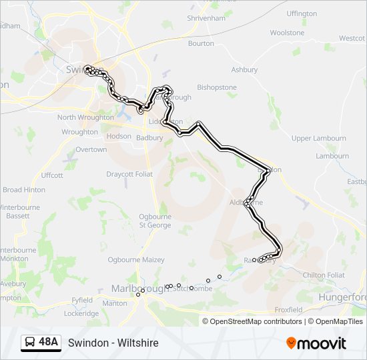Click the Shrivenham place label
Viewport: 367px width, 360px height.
207,18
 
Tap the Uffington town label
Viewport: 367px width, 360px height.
302,13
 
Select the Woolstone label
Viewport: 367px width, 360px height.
287,33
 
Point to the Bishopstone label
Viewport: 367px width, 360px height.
217,87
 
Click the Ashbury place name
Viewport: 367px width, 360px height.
244,69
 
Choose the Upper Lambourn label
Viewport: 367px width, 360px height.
319,138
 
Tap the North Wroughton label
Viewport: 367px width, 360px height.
85,117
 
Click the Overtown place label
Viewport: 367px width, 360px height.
91,149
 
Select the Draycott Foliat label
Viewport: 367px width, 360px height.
129,174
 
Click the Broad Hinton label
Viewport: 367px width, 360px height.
24,190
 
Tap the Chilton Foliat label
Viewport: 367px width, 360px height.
324,275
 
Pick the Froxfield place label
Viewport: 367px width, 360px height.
288,310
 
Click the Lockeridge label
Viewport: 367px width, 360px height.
81,313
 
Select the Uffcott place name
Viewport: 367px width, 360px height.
51,175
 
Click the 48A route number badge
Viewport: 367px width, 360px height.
49,343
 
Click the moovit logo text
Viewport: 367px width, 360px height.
322,343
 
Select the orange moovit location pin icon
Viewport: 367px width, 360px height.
292,343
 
